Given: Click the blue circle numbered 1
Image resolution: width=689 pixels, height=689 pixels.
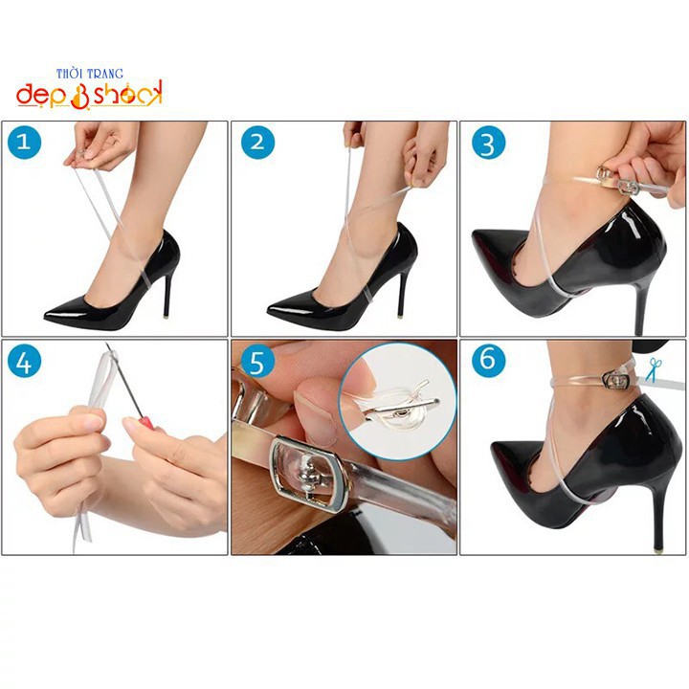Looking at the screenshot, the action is point(24,142).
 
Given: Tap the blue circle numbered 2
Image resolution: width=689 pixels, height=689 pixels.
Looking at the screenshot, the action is point(257,142).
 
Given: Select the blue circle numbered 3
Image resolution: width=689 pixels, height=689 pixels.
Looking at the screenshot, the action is point(488,142).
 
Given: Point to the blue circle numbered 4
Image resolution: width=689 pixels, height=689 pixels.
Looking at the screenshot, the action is point(24,361).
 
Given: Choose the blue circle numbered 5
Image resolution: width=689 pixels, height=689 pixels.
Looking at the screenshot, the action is point(257,361).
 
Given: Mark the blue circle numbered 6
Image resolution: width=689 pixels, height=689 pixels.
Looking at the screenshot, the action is point(488,360).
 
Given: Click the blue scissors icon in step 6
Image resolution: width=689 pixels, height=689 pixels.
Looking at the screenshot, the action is point(654,369).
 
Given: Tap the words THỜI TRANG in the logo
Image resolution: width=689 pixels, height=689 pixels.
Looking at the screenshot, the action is point(90,74).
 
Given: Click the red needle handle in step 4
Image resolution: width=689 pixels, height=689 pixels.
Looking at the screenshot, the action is point(146,424).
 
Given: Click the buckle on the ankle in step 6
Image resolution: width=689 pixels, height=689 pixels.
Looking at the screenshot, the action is point(616,380).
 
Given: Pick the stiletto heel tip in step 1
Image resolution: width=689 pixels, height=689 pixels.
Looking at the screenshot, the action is point(167,316).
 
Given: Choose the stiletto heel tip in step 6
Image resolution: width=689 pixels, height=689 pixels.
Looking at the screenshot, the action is point(657,549).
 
